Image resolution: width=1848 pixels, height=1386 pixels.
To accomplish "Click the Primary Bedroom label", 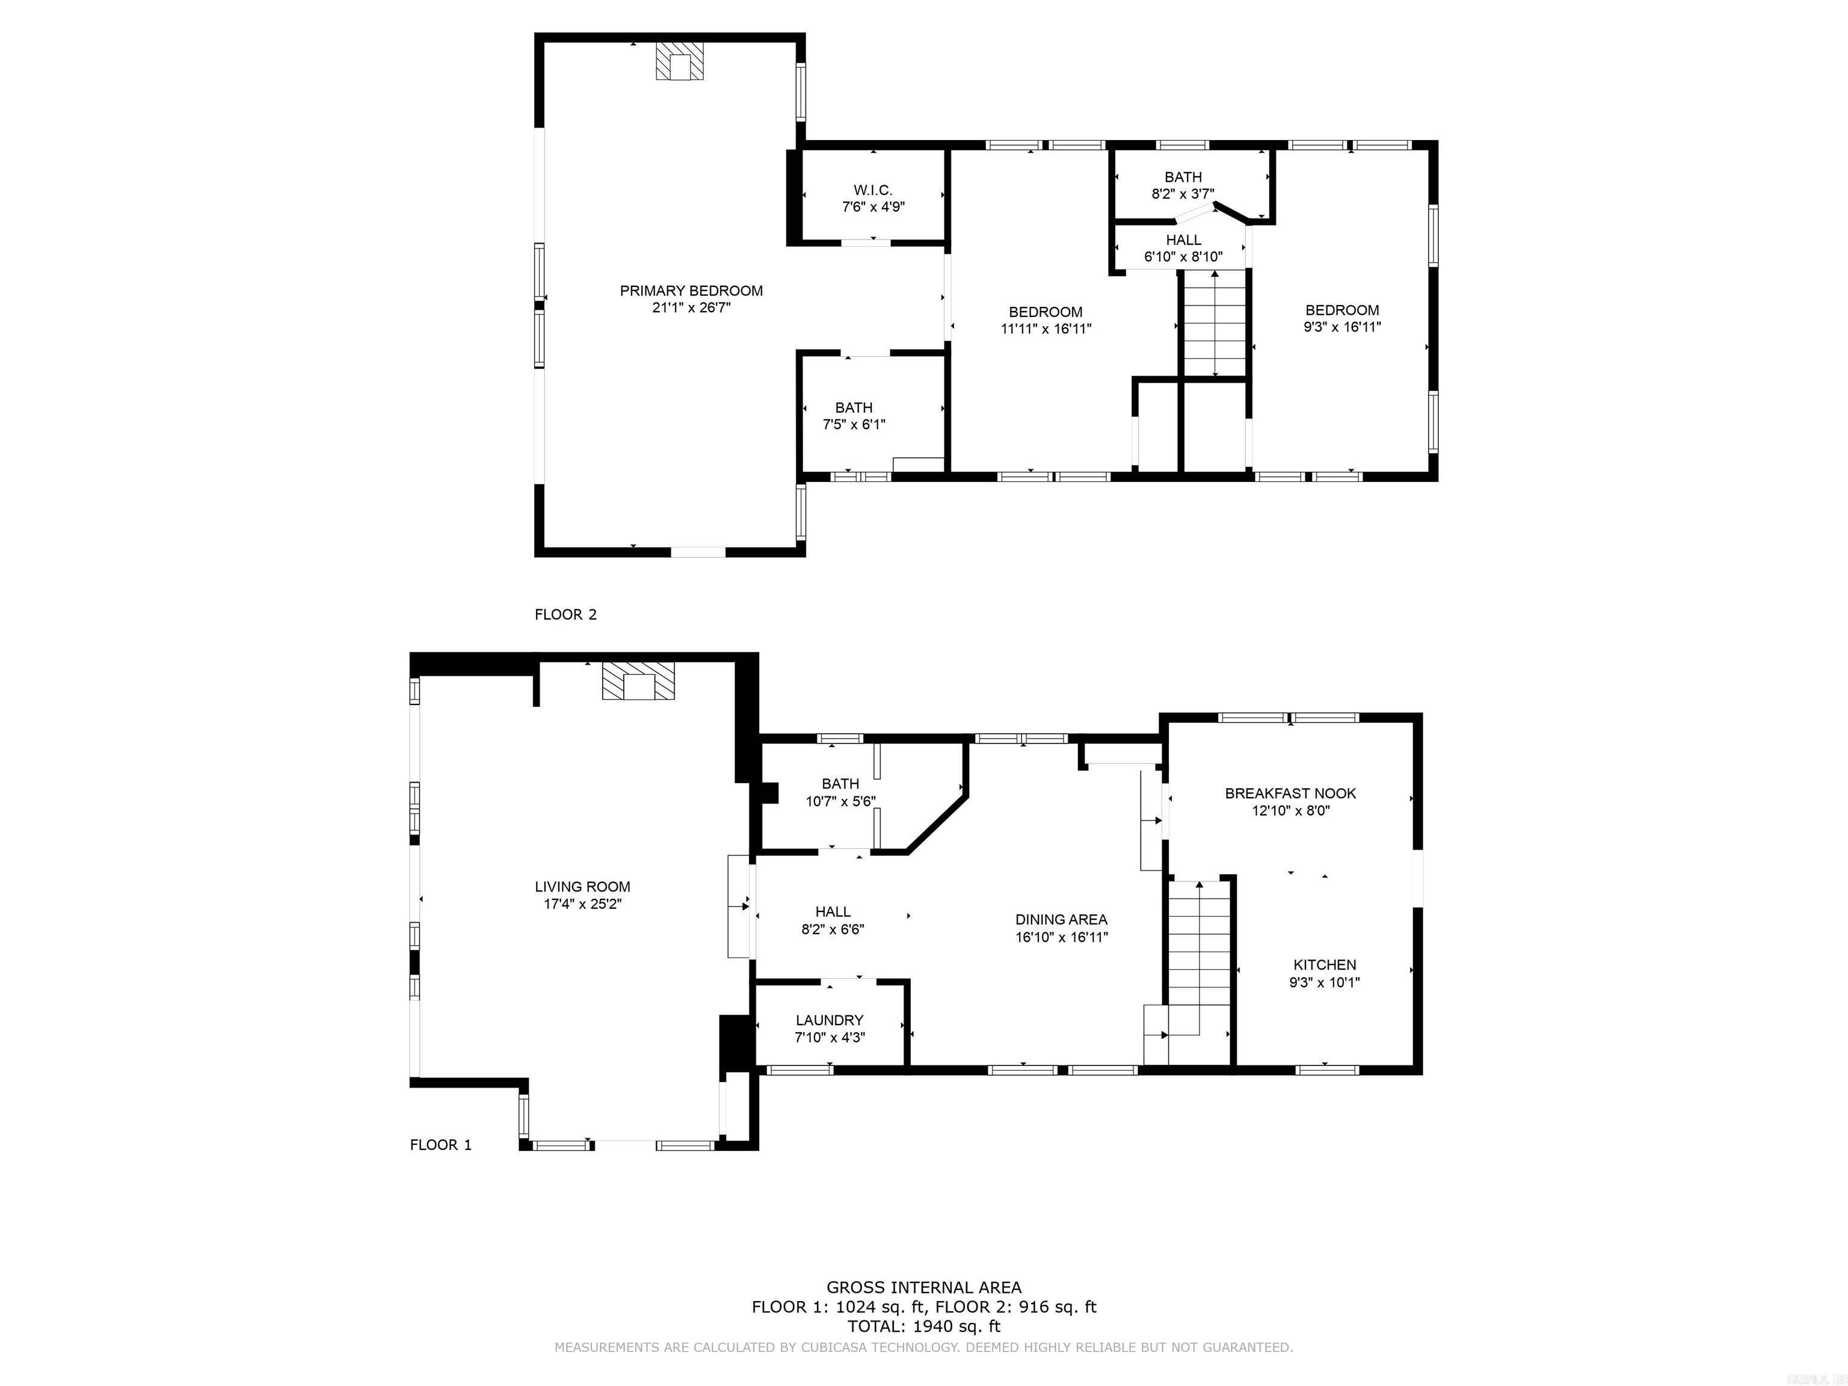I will pyautogui.click(x=691, y=291).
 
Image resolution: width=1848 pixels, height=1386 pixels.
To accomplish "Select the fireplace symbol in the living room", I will pyautogui.click(x=638, y=681).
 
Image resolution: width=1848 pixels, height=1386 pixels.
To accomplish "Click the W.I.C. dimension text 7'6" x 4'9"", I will pyautogui.click(x=873, y=206).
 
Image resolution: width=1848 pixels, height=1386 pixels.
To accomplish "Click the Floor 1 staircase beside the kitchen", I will pyautogui.click(x=1199, y=961).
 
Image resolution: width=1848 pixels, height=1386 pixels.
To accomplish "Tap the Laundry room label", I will pyautogui.click(x=829, y=1020).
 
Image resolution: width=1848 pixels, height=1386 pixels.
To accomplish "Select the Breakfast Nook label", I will pyautogui.click(x=1290, y=793).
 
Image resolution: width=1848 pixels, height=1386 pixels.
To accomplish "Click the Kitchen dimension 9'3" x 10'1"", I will pyautogui.click(x=1324, y=982).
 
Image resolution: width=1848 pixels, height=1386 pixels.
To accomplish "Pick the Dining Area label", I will pyautogui.click(x=1061, y=919).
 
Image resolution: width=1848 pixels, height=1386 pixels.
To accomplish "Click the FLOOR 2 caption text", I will pyautogui.click(x=565, y=614).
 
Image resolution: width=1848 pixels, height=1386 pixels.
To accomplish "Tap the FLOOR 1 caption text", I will pyautogui.click(x=440, y=1145).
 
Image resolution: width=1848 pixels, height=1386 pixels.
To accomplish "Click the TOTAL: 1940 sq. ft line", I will pyautogui.click(x=923, y=1326).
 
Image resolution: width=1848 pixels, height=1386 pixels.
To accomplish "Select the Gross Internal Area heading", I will pyautogui.click(x=923, y=1287).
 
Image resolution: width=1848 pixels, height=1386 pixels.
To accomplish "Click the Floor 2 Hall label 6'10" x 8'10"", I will pyautogui.click(x=1183, y=248).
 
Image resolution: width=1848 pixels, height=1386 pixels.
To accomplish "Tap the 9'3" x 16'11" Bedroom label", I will pyautogui.click(x=1341, y=318).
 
